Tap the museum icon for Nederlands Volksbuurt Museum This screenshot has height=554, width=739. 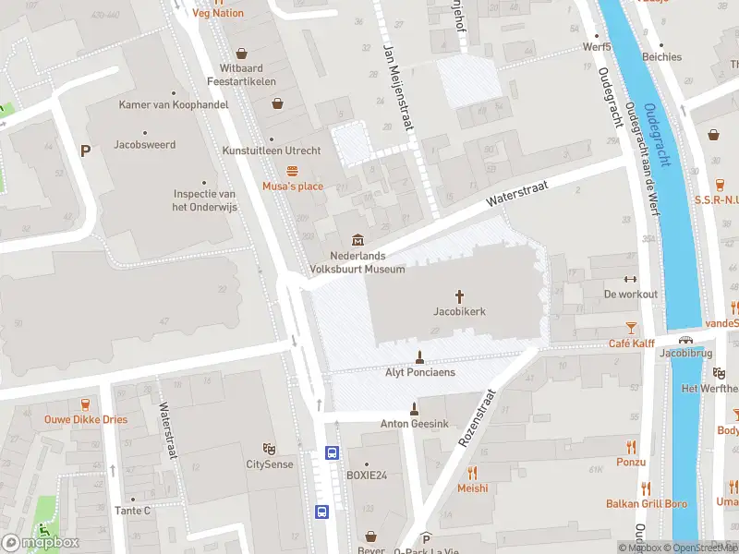[357, 241]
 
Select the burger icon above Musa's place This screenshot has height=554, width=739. [293, 171]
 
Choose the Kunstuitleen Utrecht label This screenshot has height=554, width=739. [272, 151]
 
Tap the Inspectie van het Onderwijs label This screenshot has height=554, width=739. [206, 199]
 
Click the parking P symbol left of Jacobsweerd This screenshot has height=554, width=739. [86, 151]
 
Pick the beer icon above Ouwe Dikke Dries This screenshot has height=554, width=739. [86, 403]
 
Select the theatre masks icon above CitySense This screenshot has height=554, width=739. [269, 448]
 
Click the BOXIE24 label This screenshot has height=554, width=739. [366, 476]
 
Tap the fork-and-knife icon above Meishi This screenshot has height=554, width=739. [472, 473]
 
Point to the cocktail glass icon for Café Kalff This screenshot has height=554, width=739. [631, 328]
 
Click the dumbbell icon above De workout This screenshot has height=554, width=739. [631, 279]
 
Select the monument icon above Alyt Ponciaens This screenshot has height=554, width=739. [419, 356]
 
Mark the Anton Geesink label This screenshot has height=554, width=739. [414, 425]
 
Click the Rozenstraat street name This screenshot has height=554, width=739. [478, 419]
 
